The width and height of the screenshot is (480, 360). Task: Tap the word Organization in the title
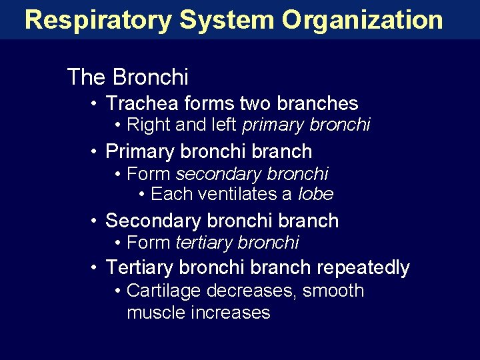[x=362, y=20]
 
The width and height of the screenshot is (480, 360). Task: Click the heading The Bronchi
[x=127, y=77]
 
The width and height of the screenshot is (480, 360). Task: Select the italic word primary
[x=273, y=125]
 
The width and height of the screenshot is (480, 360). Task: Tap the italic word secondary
[x=219, y=174]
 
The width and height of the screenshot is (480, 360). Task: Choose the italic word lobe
[x=315, y=195]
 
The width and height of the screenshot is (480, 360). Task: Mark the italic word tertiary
[x=203, y=243]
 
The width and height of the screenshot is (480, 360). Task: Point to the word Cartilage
[x=164, y=291]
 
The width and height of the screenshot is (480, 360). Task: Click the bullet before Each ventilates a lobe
[x=143, y=195]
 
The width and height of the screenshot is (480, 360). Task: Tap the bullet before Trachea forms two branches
[x=96, y=103]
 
